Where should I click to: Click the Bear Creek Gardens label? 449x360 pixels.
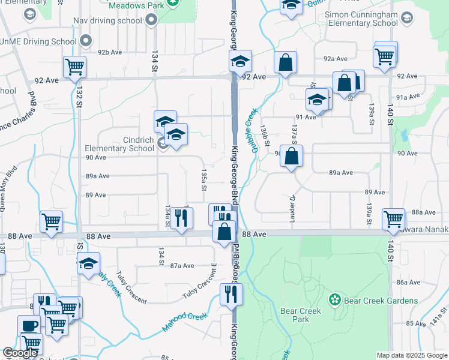[381, 301]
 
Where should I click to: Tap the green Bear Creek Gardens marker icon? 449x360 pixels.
[334, 299]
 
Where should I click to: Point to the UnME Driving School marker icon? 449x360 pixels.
[86, 41]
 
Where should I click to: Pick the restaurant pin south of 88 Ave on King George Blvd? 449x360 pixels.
[229, 294]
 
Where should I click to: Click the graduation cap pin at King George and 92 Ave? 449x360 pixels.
[240, 61]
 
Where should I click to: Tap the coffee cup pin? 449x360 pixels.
[29, 326]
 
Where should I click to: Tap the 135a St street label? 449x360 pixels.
[203, 179]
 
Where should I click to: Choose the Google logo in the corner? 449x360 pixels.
[20, 353]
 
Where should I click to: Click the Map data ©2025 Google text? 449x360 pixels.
[411, 355]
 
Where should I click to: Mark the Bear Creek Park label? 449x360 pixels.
[301, 315]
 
